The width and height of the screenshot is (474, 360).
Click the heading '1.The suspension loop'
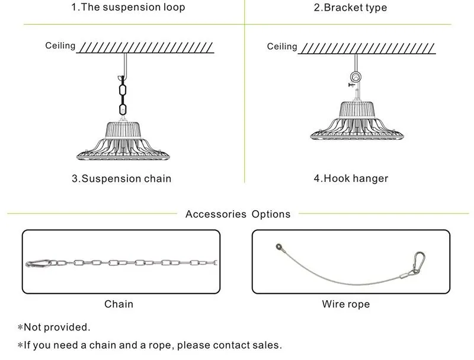(x=128, y=7)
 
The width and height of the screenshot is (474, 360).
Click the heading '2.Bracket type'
(x=350, y=8)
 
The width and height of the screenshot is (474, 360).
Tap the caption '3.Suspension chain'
(x=121, y=178)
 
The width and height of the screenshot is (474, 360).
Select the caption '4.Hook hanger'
(x=351, y=178)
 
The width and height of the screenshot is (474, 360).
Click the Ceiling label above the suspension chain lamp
(x=60, y=46)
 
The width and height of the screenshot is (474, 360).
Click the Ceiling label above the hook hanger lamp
(x=282, y=47)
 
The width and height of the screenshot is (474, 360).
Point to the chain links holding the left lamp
(x=123, y=96)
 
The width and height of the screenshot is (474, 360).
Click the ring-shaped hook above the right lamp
(x=355, y=77)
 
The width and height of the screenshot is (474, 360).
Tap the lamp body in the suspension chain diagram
(x=123, y=141)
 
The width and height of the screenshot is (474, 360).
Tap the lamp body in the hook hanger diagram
(x=357, y=121)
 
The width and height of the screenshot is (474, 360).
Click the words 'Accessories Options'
(x=238, y=214)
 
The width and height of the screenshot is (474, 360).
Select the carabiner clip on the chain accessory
(x=38, y=263)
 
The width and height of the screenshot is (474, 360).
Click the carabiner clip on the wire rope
(x=418, y=262)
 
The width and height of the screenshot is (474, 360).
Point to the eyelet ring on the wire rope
(x=278, y=247)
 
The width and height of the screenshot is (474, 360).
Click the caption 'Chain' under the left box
(x=119, y=304)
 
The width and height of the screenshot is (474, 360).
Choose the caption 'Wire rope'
(x=346, y=304)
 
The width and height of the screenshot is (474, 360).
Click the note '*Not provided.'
(x=54, y=327)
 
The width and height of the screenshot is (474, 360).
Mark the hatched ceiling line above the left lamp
(x=145, y=48)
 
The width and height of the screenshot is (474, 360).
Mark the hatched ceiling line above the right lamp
(x=367, y=49)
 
